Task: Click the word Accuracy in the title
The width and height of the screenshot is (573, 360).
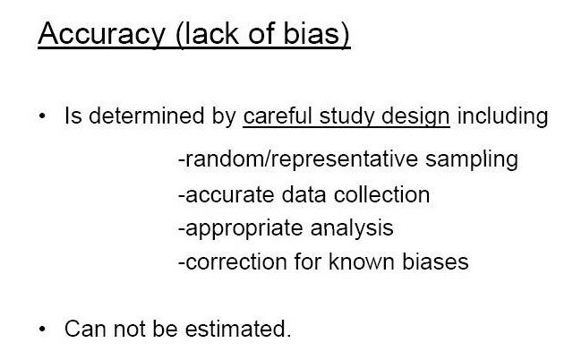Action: pyautogui.click(x=97, y=35)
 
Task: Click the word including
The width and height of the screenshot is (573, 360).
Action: pyautogui.click(x=508, y=116)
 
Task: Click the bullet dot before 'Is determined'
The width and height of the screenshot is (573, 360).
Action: pyautogui.click(x=42, y=117)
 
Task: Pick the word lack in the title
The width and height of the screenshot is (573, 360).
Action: pyautogui.click(x=205, y=35)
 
